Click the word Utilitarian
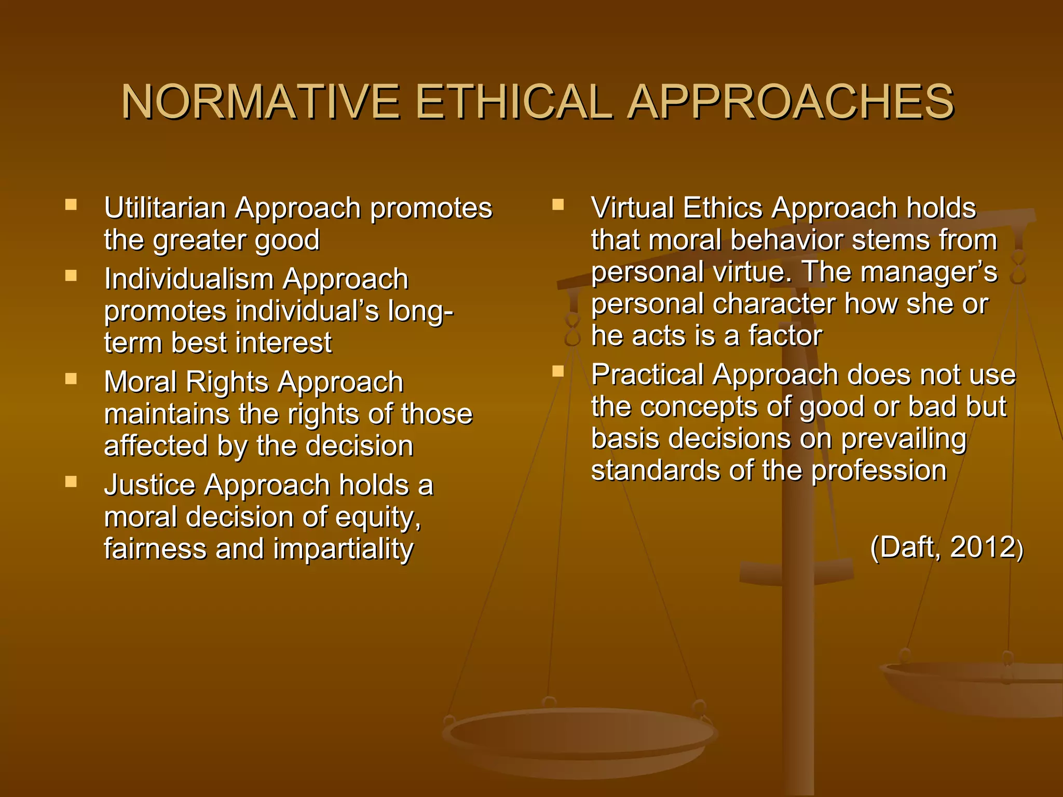[x=165, y=209]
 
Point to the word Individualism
[x=188, y=279]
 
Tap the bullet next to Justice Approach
[x=71, y=482]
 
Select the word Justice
[x=149, y=486]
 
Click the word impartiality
[x=343, y=549]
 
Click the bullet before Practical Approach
[x=558, y=371]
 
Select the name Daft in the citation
[x=910, y=547]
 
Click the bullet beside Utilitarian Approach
[x=71, y=204]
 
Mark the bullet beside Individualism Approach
[x=71, y=275]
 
